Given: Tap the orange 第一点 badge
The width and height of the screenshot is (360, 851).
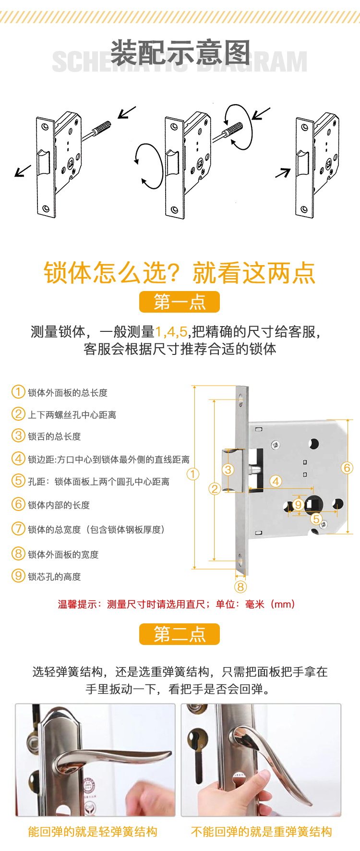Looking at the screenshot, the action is pos(180,302).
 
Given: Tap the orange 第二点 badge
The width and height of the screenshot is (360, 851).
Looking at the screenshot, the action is pos(180,634).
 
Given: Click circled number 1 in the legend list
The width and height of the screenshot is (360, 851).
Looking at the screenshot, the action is pos(18,392).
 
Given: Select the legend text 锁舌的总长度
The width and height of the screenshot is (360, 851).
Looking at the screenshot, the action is pos(54,437).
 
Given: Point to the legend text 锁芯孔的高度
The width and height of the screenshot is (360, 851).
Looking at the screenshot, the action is pos(54,577).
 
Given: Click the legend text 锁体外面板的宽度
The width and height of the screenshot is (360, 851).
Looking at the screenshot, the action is pos(63,555).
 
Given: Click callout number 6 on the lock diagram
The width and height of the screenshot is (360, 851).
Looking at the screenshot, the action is pos(347,468).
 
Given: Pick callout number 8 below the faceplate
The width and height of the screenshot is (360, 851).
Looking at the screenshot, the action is pos(240,586).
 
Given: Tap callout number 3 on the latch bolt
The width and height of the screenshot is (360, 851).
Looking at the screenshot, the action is pos(228,470).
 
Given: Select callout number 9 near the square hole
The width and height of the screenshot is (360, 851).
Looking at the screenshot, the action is pos(298,505).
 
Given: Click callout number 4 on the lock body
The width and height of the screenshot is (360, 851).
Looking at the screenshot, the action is pos(276,481).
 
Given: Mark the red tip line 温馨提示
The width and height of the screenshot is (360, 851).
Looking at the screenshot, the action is pos(176,604).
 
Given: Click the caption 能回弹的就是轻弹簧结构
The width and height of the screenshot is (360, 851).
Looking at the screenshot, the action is pos(93,832).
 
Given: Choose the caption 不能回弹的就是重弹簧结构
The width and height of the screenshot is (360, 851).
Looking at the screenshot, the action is pos(262,832).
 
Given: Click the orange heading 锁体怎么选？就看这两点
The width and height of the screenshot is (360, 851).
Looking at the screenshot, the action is pos(180,273).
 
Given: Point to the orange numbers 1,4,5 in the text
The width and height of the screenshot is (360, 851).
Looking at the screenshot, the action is pos(171,331).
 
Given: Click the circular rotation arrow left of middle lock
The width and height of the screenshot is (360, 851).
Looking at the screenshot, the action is pos(149,166).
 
